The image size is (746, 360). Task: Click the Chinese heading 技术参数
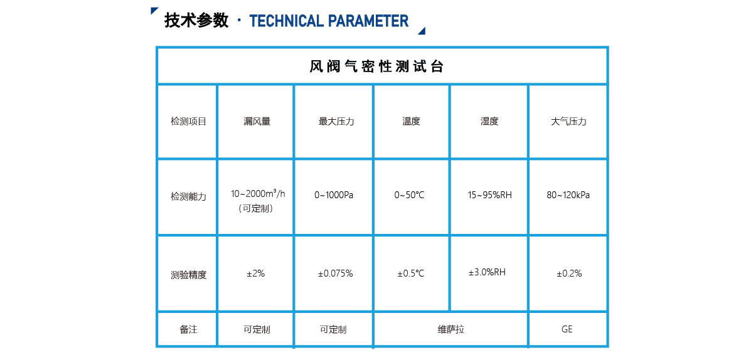click(x=196, y=21)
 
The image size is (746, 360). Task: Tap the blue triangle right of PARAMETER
click(x=422, y=31)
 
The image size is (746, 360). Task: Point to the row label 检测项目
click(x=188, y=122)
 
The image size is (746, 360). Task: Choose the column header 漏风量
click(x=257, y=122)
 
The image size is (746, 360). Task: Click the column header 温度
click(x=411, y=122)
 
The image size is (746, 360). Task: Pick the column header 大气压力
click(x=568, y=122)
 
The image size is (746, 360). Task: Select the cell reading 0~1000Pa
click(x=334, y=195)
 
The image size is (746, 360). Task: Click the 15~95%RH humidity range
click(x=489, y=195)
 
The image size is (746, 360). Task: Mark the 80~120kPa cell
click(x=568, y=195)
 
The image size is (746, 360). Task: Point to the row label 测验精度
click(x=188, y=275)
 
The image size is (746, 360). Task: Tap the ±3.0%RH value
click(x=487, y=272)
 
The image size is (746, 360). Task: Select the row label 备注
click(x=188, y=329)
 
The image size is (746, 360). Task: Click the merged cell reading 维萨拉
click(x=450, y=329)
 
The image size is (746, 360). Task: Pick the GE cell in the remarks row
click(x=567, y=329)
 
